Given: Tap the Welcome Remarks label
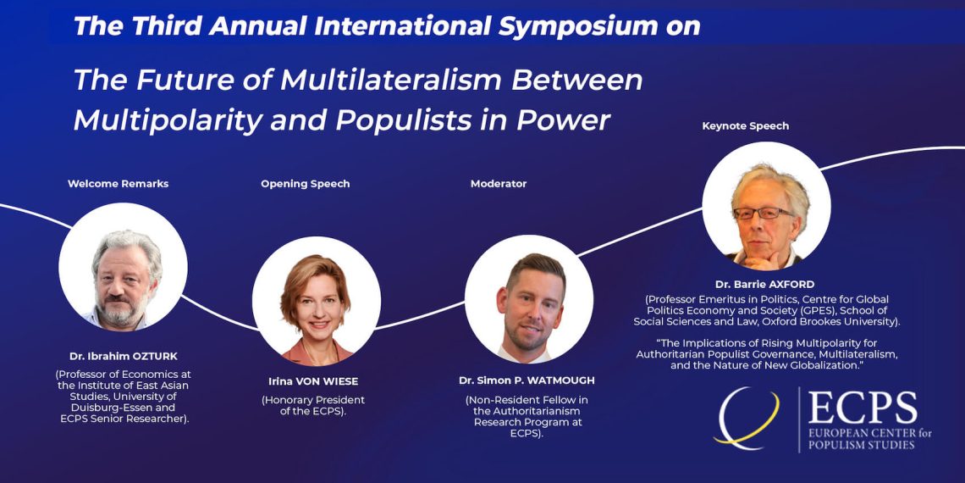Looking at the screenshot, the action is tap(119, 184).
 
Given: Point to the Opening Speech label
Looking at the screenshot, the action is tap(306, 184).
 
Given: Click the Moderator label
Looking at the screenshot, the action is tap(499, 184).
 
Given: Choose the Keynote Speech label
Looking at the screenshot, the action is tap(745, 126).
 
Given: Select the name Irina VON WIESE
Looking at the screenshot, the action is tap(313, 380).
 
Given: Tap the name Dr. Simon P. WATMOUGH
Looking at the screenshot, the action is tap(527, 380).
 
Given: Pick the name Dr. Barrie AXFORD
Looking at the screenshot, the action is tap(764, 284).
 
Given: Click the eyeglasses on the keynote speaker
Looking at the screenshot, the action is tap(763, 214).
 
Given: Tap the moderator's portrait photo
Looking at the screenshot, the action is tap(529, 299).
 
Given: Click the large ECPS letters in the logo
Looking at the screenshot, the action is tap(863, 408).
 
